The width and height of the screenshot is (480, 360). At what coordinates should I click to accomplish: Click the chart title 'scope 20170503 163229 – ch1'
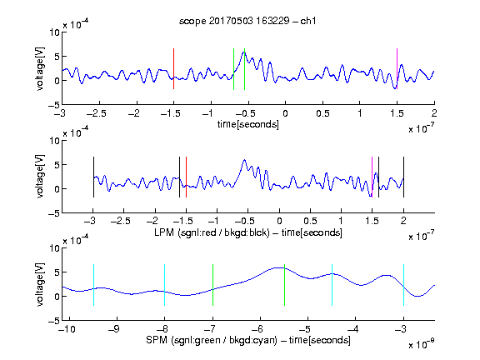(x=247, y=21)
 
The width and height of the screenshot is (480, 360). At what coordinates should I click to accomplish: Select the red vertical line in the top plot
(x=173, y=69)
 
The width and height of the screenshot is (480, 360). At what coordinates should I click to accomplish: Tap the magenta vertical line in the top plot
(x=397, y=69)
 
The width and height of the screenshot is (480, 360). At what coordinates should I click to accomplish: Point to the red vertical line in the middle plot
(x=186, y=177)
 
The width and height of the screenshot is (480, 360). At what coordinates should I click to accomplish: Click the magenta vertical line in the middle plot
(x=372, y=177)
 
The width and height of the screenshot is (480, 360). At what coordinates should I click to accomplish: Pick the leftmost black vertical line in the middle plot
(x=93, y=177)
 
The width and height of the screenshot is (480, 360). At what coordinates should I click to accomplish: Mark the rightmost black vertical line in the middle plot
(x=403, y=177)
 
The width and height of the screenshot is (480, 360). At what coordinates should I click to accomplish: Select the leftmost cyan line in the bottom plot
(x=93, y=285)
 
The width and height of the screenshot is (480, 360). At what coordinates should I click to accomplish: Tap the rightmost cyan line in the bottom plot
(x=403, y=285)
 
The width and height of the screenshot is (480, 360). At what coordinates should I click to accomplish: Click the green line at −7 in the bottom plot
(x=212, y=285)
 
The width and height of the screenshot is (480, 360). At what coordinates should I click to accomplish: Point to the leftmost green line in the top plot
(x=233, y=69)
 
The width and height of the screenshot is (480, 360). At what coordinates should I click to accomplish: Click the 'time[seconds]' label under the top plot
(x=248, y=124)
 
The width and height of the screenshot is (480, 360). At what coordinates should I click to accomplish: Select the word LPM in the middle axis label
(x=164, y=232)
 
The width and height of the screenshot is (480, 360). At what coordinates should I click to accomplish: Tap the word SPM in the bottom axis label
(x=157, y=340)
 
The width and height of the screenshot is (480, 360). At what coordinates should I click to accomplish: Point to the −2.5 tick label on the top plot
(x=96, y=113)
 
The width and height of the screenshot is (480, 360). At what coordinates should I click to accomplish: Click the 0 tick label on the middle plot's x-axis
(x=279, y=221)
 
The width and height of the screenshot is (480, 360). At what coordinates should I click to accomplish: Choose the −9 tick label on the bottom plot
(x=114, y=329)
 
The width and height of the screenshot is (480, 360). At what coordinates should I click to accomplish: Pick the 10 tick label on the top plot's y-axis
(x=55, y=32)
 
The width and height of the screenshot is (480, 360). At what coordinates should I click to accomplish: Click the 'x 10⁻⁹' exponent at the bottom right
(x=421, y=344)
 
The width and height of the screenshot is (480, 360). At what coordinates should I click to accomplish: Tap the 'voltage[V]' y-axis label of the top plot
(x=40, y=68)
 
